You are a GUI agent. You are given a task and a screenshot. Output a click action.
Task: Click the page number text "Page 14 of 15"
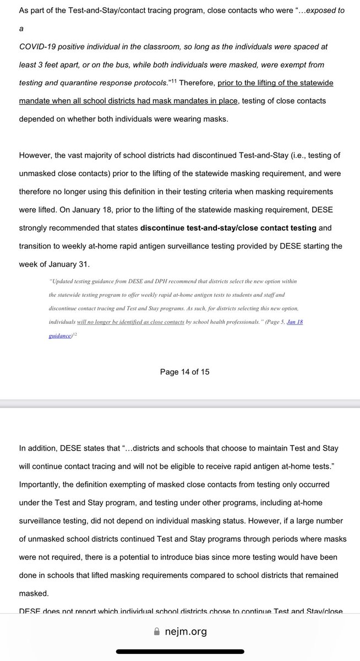click(x=184, y=372)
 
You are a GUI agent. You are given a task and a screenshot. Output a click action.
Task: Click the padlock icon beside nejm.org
click(x=157, y=632)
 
